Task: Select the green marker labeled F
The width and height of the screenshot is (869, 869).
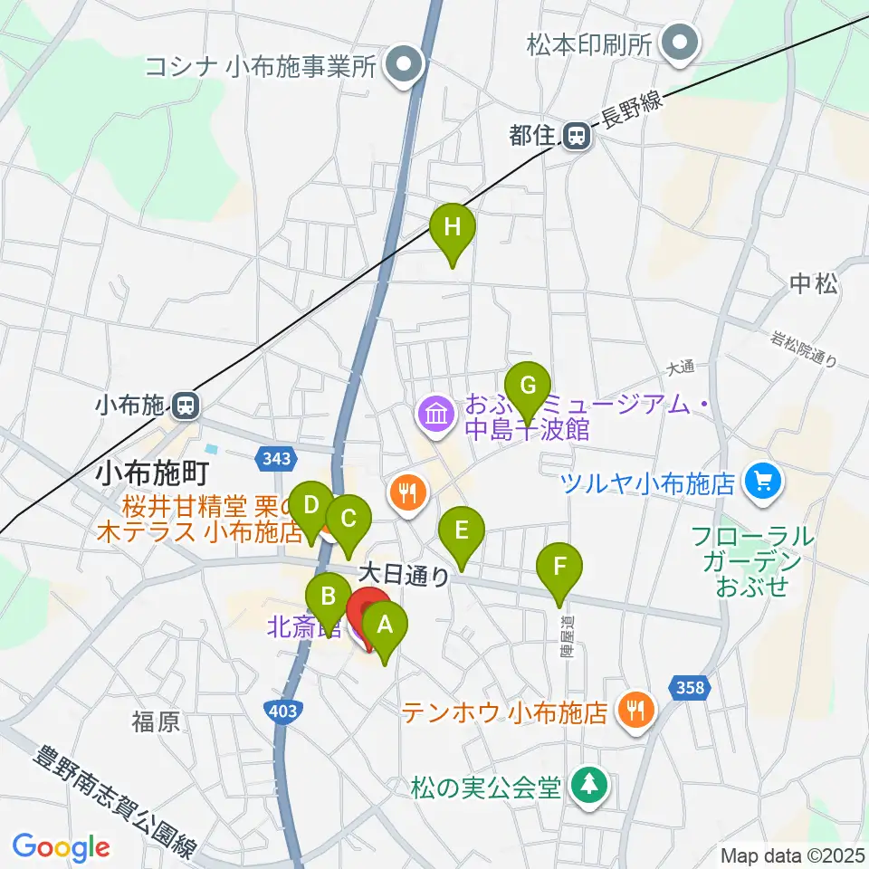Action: pos(559,568)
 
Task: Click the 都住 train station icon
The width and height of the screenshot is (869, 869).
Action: pos(575,137)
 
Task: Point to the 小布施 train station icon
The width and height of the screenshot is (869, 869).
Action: pos(186,406)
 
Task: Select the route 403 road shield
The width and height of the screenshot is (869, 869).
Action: pos(284,711)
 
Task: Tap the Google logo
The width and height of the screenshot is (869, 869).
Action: pos(61,848)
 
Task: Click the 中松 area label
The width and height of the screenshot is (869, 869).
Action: pos(813,284)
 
